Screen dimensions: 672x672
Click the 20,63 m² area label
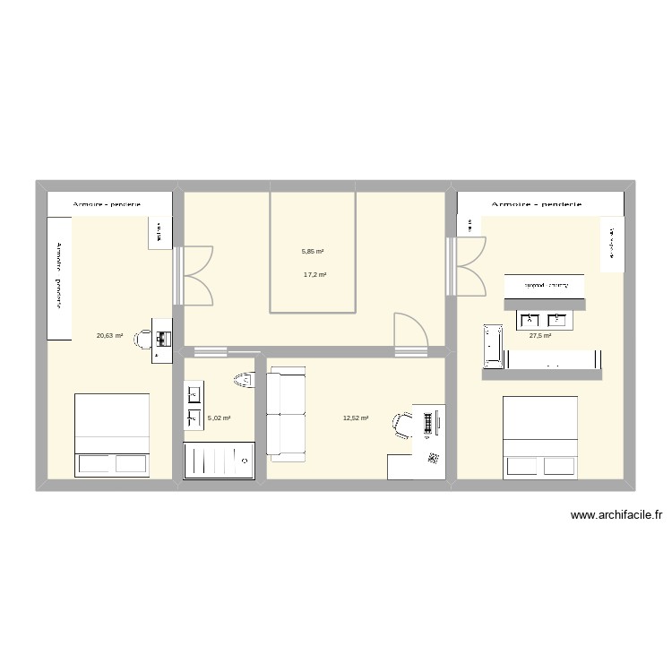coord(108,336)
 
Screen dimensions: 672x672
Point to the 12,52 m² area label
coord(356,418)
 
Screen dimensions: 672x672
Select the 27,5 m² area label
coord(539,336)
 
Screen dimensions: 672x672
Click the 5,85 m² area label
coord(313,252)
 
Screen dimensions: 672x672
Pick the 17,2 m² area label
coord(314,275)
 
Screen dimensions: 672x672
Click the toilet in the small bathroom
coord(243,381)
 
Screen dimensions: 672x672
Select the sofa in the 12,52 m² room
coord(287,417)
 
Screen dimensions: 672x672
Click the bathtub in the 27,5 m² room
coord(494,345)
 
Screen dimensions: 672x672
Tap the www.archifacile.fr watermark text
coord(616,515)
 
